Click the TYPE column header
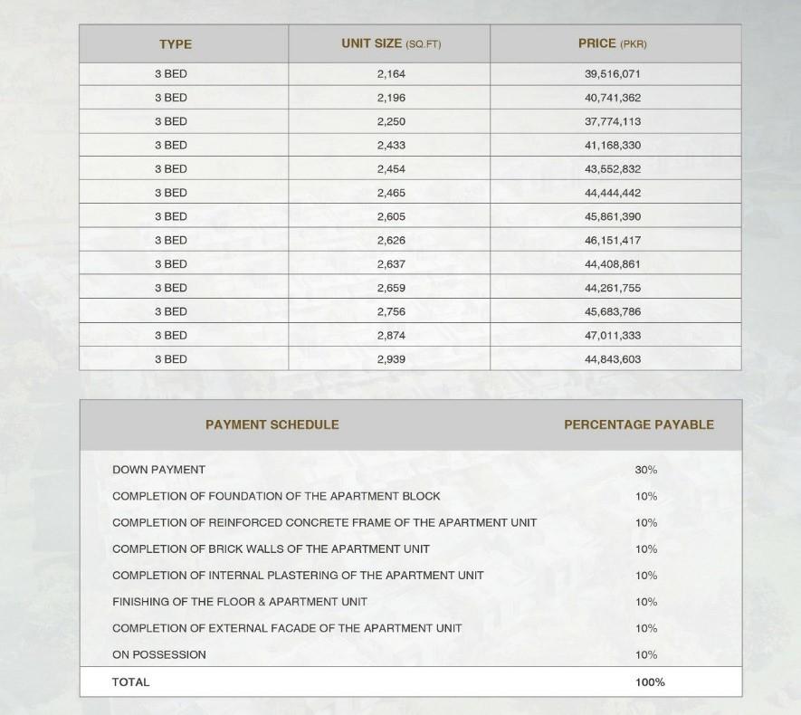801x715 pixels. coord(176,44)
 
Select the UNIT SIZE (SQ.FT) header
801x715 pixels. coord(391,43)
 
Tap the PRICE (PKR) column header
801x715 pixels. coord(613,43)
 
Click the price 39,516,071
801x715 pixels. coord(613,74)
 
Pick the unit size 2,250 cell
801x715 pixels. coord(391,121)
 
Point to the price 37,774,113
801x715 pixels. coord(613,121)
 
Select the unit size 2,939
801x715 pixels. coord(391,359)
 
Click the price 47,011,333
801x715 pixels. coord(613,336)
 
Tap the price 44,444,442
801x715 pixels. coord(613,193)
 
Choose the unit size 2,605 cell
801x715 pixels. coord(391,216)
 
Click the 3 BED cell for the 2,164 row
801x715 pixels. coord(171,74)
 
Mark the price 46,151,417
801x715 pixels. coord(613,241)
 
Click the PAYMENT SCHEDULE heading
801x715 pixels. coord(272,424)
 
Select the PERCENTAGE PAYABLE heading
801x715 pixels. coord(639,424)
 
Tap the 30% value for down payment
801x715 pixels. coord(646,470)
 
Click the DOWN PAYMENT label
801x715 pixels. coord(158,470)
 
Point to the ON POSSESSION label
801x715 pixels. coord(159,654)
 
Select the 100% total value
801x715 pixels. coord(650,682)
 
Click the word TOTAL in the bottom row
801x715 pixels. coord(131,682)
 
